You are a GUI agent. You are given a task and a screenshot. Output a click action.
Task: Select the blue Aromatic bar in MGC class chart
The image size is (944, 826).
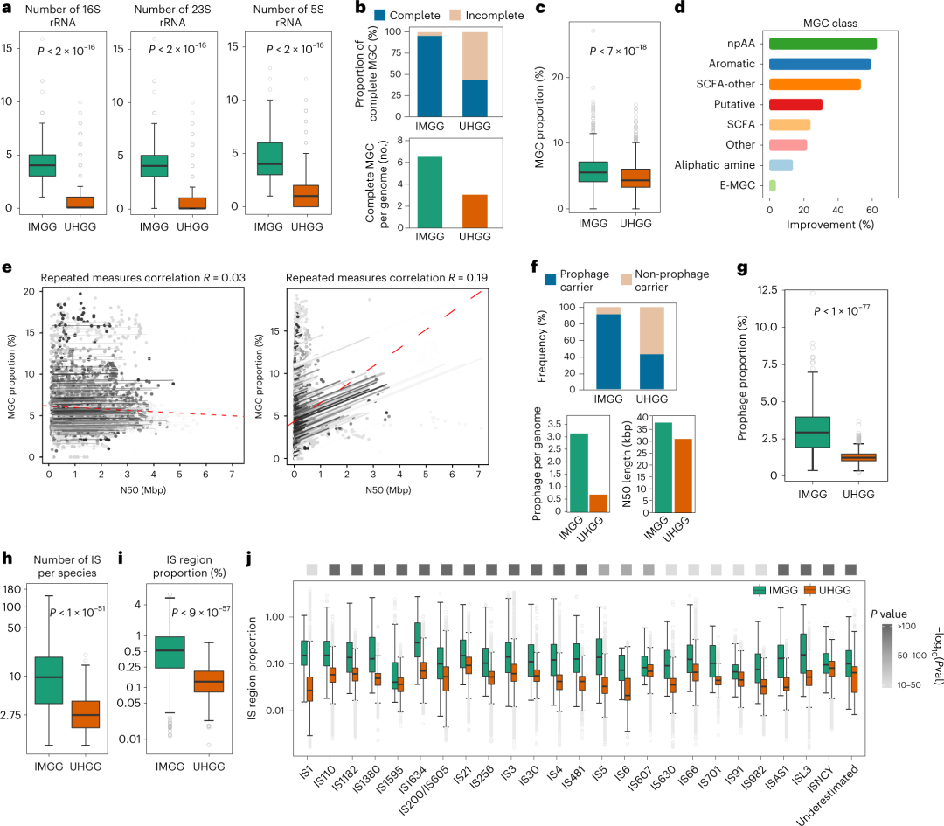pyautogui.click(x=819, y=64)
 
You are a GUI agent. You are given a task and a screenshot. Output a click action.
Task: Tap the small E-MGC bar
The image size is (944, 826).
pyautogui.click(x=772, y=184)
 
